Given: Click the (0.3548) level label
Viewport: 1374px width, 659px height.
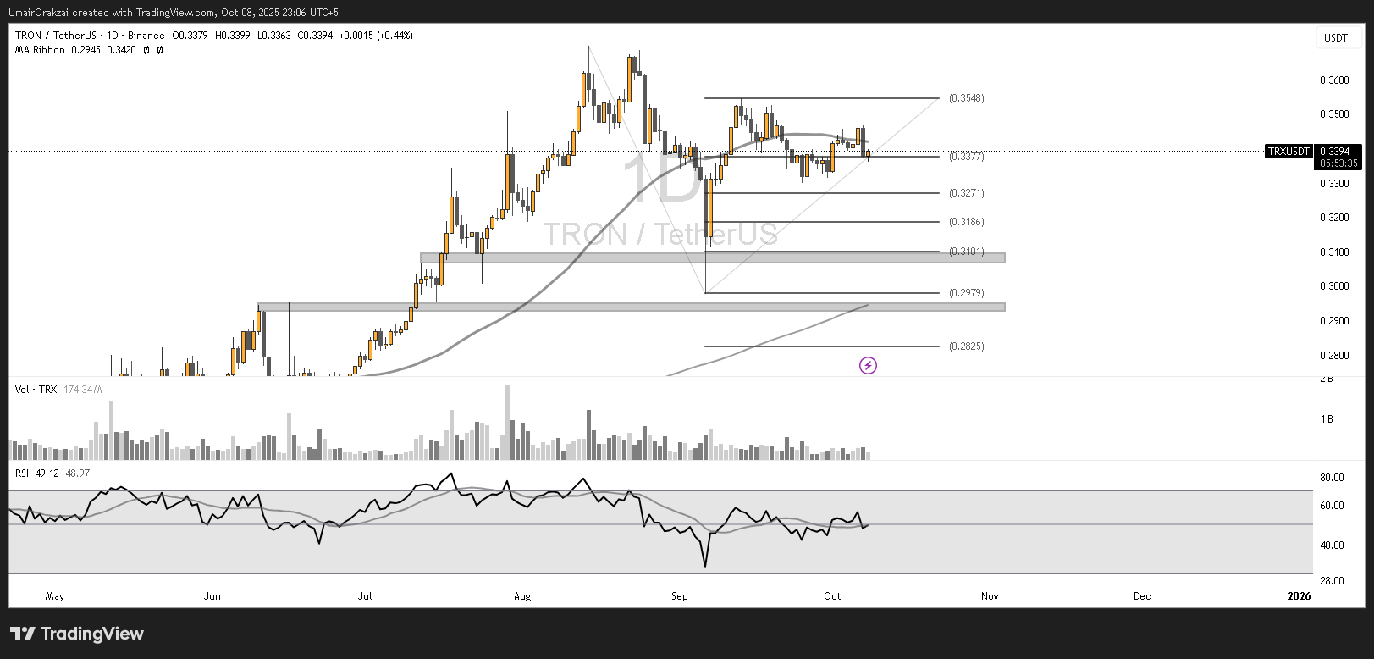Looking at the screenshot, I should (966, 98).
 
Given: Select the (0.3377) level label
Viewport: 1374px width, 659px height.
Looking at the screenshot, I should (966, 157).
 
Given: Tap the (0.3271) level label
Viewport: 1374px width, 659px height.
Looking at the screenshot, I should (966, 193).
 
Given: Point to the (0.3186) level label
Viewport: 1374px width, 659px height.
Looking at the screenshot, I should (966, 222).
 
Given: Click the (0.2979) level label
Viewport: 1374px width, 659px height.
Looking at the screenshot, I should (966, 293).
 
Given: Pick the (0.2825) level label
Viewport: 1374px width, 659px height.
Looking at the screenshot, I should (966, 346).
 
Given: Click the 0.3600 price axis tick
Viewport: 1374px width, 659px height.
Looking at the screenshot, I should (1334, 80).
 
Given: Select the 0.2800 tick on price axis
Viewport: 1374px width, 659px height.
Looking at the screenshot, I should (1334, 356).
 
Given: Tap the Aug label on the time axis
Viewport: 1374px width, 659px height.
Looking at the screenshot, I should (522, 596).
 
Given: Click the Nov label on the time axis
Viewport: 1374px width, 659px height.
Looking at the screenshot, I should (990, 596).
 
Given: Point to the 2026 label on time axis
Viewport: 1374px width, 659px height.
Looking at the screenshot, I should (1299, 596).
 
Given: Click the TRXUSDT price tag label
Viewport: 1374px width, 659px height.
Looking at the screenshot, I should (1288, 152).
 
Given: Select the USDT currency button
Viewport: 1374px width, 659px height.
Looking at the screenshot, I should (1336, 38).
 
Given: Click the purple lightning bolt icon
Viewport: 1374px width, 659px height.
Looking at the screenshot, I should (868, 366).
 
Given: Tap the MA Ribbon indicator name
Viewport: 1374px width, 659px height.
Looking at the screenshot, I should (40, 50).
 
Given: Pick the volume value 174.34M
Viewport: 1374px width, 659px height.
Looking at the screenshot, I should (82, 390).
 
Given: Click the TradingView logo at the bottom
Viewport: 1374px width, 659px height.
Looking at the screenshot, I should (77, 634).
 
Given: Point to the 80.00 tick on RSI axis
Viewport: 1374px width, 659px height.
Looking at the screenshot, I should (1332, 478).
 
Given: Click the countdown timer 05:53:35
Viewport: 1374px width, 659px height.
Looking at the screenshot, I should (1338, 163).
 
